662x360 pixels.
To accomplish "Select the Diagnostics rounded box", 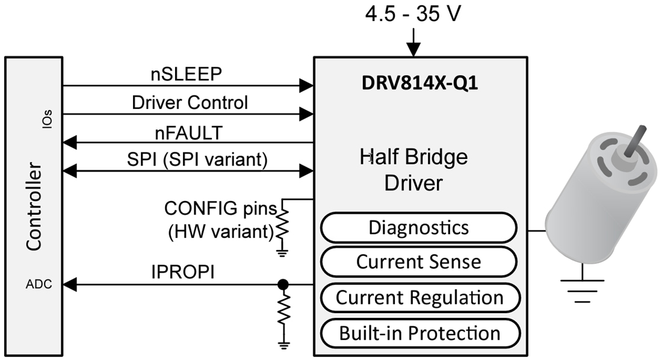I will pyautogui.click(x=418, y=228).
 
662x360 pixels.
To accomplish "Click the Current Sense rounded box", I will pyautogui.click(x=418, y=262).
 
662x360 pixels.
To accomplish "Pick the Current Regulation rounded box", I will pyautogui.click(x=419, y=297).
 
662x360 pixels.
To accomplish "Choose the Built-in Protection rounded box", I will pyautogui.click(x=419, y=333).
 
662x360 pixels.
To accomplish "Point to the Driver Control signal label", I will pyautogui.click(x=189, y=102).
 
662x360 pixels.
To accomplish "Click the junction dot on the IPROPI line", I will pyautogui.click(x=282, y=284).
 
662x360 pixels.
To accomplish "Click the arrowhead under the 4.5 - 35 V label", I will pyautogui.click(x=413, y=51).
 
